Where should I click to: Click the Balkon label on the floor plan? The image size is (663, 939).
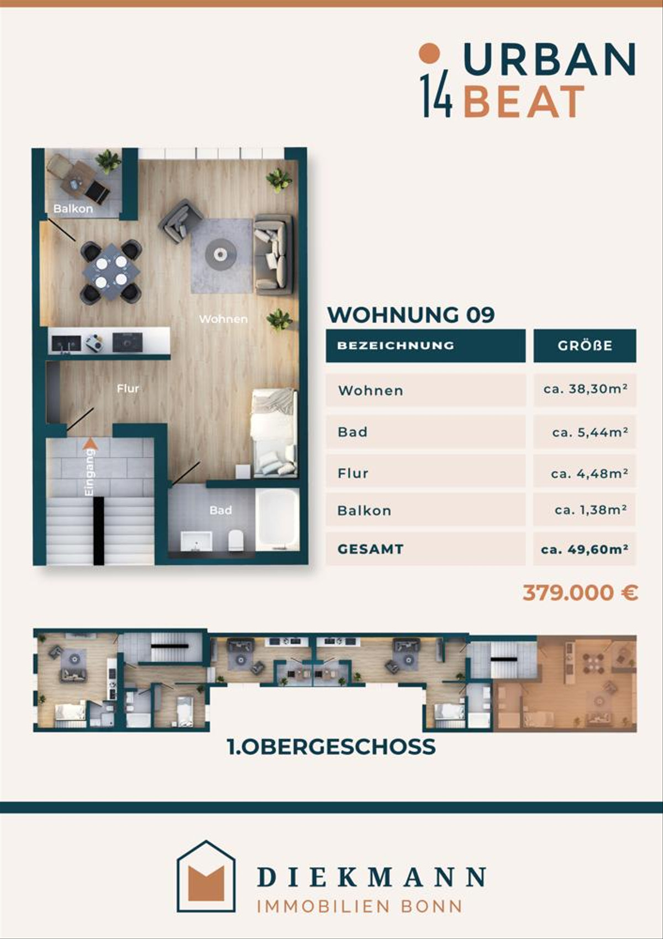click(x=73, y=208)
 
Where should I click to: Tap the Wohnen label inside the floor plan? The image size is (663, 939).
click(x=223, y=319)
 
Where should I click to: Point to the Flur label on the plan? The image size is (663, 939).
click(x=128, y=389)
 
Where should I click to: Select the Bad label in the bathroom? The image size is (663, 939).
click(x=220, y=510)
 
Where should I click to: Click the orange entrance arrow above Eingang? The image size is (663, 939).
click(x=90, y=444)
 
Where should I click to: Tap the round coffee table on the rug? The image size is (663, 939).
click(x=219, y=253)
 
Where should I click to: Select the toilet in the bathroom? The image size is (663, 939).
click(x=236, y=540)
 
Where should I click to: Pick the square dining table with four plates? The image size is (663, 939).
click(x=111, y=271)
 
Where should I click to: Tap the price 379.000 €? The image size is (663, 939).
click(x=580, y=593)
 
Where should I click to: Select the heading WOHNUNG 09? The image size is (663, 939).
click(x=411, y=315)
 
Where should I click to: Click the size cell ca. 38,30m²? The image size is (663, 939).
click(x=585, y=389)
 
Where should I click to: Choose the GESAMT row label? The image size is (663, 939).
click(x=370, y=549)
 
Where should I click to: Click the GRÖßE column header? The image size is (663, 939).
click(x=585, y=345)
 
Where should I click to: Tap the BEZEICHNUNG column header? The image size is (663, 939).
click(x=396, y=345)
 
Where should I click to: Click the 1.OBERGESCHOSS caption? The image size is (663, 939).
click(x=331, y=747)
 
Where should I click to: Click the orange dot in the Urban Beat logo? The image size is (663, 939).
click(x=430, y=53)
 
